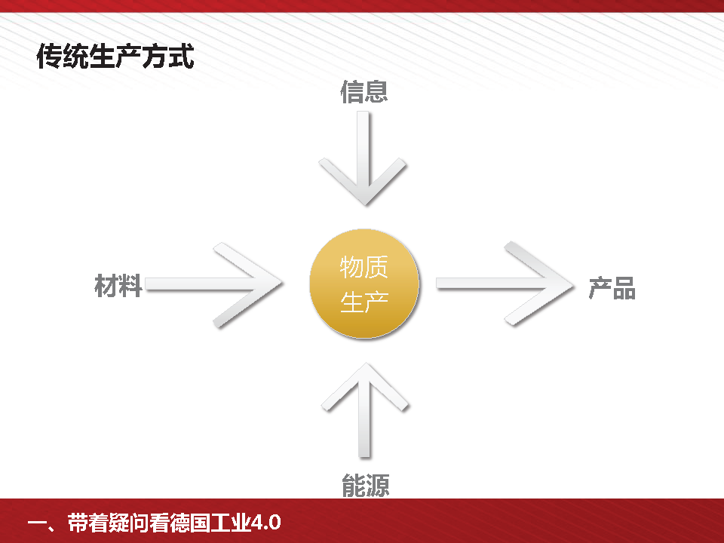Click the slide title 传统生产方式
tap(115, 57)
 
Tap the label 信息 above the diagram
tap(364, 92)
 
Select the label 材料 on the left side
tap(118, 286)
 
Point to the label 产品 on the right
tap(612, 289)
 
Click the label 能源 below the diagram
tap(366, 486)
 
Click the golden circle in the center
tap(364, 284)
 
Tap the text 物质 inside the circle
tap(364, 267)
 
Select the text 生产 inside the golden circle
tap(364, 302)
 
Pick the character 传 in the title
tap(48, 57)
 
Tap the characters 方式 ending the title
tap(169, 57)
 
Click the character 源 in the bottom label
tap(377, 486)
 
